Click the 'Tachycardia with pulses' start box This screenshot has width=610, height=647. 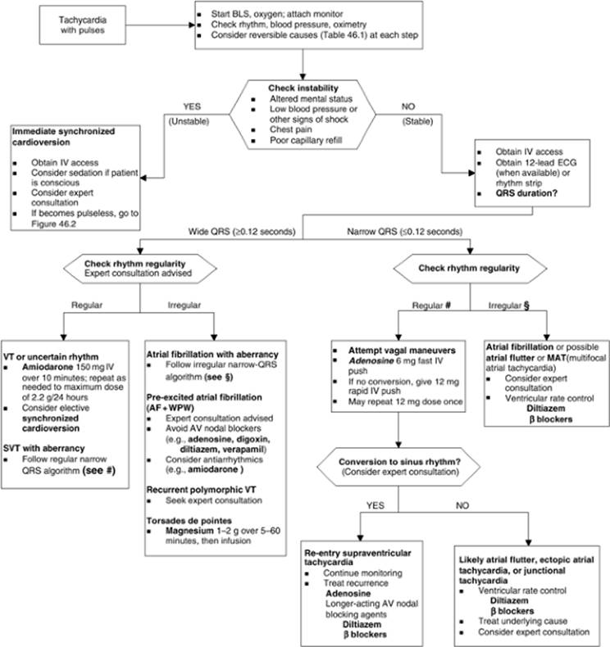pyautogui.click(x=83, y=25)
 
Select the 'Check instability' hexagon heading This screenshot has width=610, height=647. pyautogui.click(x=303, y=88)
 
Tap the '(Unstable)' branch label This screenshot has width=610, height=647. pyautogui.click(x=189, y=121)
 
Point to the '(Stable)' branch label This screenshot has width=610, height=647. pyautogui.click(x=417, y=121)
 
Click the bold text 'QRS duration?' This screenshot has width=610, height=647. pyautogui.click(x=526, y=193)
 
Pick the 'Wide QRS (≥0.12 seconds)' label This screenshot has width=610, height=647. pyautogui.click(x=242, y=232)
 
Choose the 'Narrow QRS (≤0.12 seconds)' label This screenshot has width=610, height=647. pyautogui.click(x=405, y=232)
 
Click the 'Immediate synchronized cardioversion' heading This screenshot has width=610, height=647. pyautogui.click(x=63, y=137)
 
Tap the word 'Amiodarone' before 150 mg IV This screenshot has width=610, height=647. pyautogui.click(x=48, y=367)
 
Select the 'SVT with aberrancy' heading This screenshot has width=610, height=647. pyautogui.click(x=43, y=448)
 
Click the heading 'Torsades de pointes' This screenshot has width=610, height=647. pyautogui.click(x=189, y=520)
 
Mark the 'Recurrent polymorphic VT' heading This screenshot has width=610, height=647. pyautogui.click(x=201, y=490)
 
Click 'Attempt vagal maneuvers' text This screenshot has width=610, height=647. pyautogui.click(x=402, y=351)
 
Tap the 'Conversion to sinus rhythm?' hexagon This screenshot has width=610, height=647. pyautogui.click(x=398, y=467)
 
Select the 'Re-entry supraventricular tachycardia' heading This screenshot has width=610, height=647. pyautogui.click(x=357, y=558)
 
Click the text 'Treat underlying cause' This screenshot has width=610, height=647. pyautogui.click(x=522, y=621)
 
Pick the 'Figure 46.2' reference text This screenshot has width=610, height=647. pyautogui.click(x=53, y=224)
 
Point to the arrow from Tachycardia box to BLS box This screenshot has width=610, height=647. pyautogui.click(x=160, y=25)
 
